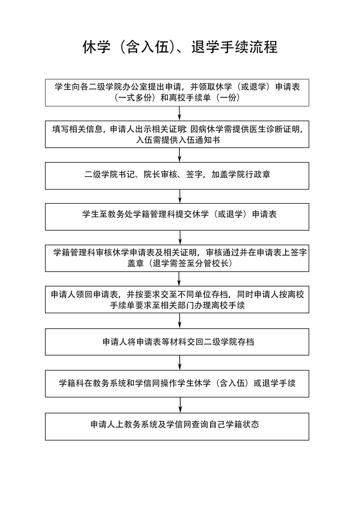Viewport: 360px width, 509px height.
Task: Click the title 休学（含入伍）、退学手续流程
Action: pyautogui.click(x=180, y=47)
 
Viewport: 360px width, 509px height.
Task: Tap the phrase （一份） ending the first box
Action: pyautogui.click(x=228, y=98)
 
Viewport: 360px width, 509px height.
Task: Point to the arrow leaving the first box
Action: pyautogui.click(x=180, y=113)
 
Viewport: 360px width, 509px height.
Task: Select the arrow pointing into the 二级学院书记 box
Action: pyautogui.click(x=180, y=155)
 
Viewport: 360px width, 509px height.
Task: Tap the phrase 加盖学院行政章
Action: pyautogui.click(x=241, y=174)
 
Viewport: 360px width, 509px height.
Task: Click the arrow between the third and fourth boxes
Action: pyautogui.click(x=180, y=196)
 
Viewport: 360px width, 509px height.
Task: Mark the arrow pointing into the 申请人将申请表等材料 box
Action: pyautogui.click(x=180, y=320)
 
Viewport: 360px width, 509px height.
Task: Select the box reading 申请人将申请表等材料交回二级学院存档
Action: pyautogui.click(x=177, y=342)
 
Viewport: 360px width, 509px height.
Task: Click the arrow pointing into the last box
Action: pyautogui.click(x=180, y=405)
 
